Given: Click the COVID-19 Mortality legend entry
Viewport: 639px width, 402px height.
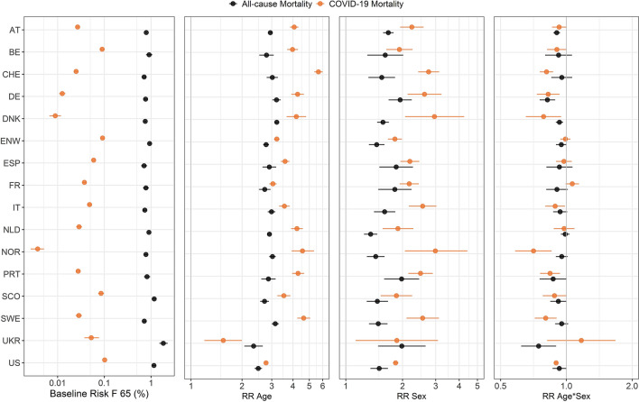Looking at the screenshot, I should coord(379,6).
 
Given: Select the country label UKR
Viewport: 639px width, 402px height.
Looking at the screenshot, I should coord(14,341).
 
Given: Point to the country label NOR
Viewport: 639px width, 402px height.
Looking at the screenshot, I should coord(14,251).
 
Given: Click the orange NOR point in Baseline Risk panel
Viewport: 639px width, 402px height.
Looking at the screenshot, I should coord(38,249).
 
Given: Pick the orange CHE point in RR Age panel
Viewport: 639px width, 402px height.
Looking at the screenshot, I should coord(319,71).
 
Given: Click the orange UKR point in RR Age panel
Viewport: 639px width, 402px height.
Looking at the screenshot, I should coord(223,340).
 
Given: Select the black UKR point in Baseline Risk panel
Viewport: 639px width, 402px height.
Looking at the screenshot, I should coord(163,343).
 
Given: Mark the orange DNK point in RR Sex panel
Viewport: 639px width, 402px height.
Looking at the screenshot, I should coord(434,116).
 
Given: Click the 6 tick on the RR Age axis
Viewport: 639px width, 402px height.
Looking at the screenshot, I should coord(322,379).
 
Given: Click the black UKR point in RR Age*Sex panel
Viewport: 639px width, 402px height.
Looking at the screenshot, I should coord(539,345).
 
